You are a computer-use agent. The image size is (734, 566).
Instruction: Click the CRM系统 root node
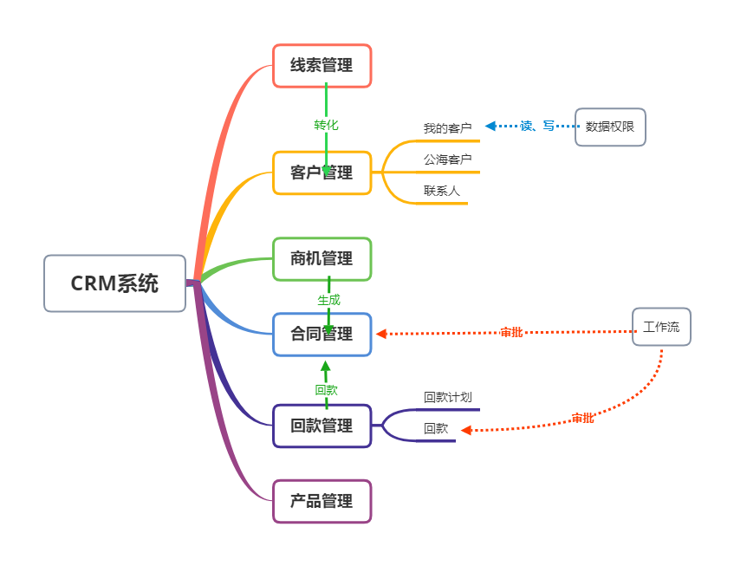tap(114, 283)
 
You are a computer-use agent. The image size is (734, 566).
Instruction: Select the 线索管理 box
tap(322, 66)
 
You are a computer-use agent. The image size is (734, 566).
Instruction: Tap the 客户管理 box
tap(322, 172)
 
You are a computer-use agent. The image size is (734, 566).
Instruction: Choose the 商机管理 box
tap(322, 258)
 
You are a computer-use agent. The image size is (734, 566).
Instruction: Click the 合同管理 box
tap(322, 334)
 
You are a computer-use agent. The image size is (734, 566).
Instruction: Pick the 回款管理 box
tap(322, 426)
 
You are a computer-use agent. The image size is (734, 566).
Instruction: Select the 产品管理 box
tap(322, 501)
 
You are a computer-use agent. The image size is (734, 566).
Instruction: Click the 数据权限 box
tap(610, 127)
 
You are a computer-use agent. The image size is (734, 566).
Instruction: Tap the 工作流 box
tap(661, 327)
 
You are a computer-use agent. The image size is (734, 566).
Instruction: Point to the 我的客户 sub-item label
tap(447, 128)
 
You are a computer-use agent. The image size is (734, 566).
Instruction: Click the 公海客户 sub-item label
tap(447, 159)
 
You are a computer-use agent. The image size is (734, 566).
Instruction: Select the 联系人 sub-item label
tap(442, 191)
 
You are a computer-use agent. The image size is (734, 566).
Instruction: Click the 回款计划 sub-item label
tap(447, 397)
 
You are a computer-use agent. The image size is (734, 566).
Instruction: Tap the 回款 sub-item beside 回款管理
tap(436, 428)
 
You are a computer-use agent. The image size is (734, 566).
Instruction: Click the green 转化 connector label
tap(326, 125)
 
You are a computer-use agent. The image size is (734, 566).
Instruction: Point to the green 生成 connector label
tap(328, 300)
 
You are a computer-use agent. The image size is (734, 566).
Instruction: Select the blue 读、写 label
tap(537, 126)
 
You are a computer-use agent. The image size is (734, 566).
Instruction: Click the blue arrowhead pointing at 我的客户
tap(490, 126)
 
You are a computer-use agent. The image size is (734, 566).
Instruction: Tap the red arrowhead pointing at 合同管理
tap(381, 334)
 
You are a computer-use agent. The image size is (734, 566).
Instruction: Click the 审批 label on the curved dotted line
tap(582, 418)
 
